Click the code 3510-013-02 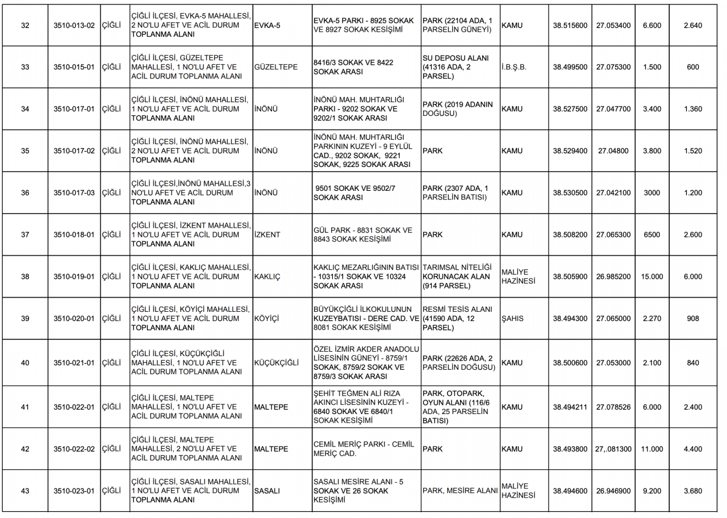click(74, 26)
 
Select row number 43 click(25, 491)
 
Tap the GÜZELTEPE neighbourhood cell click(276, 67)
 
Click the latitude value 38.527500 click(570, 109)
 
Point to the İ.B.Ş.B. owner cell click(514, 67)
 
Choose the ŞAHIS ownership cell click(512, 319)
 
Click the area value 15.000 click(651, 277)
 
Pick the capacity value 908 click(693, 319)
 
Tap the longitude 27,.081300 click(613, 449)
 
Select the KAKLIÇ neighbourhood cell click(268, 277)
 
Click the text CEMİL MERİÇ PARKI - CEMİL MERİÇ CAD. click(363, 449)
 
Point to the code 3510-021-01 click(74, 362)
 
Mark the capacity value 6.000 click(693, 277)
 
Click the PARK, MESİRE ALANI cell click(460, 491)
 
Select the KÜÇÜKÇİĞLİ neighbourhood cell click(277, 362)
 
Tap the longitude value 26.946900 click(613, 491)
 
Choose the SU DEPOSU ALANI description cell click(456, 67)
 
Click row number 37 click(25, 235)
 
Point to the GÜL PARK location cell click(363, 235)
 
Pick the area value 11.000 click(651, 449)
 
